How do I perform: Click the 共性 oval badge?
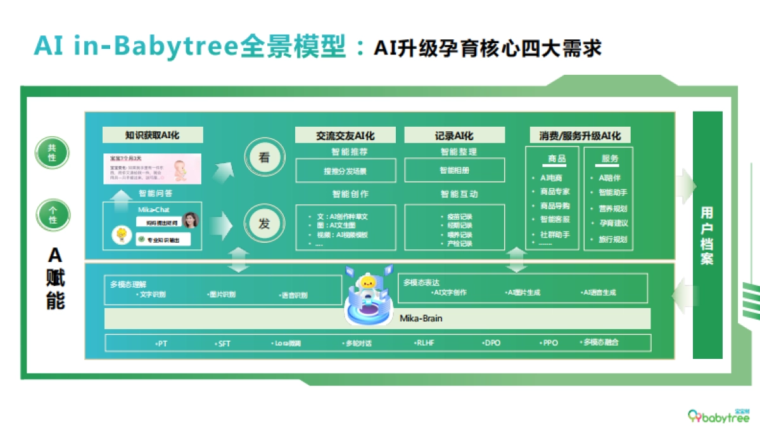pyautogui.click(x=52, y=153)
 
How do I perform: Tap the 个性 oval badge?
pyautogui.click(x=52, y=214)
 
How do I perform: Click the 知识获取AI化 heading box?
pyautogui.click(x=153, y=135)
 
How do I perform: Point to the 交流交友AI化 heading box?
pyautogui.click(x=345, y=135)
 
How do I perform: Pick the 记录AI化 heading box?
pyautogui.click(x=454, y=135)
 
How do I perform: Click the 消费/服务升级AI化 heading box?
pyautogui.click(x=580, y=135)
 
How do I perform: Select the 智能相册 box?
pyautogui.click(x=454, y=171)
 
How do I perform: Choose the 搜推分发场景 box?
pyautogui.click(x=345, y=171)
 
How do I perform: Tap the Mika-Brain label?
pyautogui.click(x=421, y=318)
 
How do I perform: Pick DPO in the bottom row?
pyautogui.click(x=491, y=343)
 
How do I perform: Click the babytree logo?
pyautogui.click(x=719, y=415)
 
